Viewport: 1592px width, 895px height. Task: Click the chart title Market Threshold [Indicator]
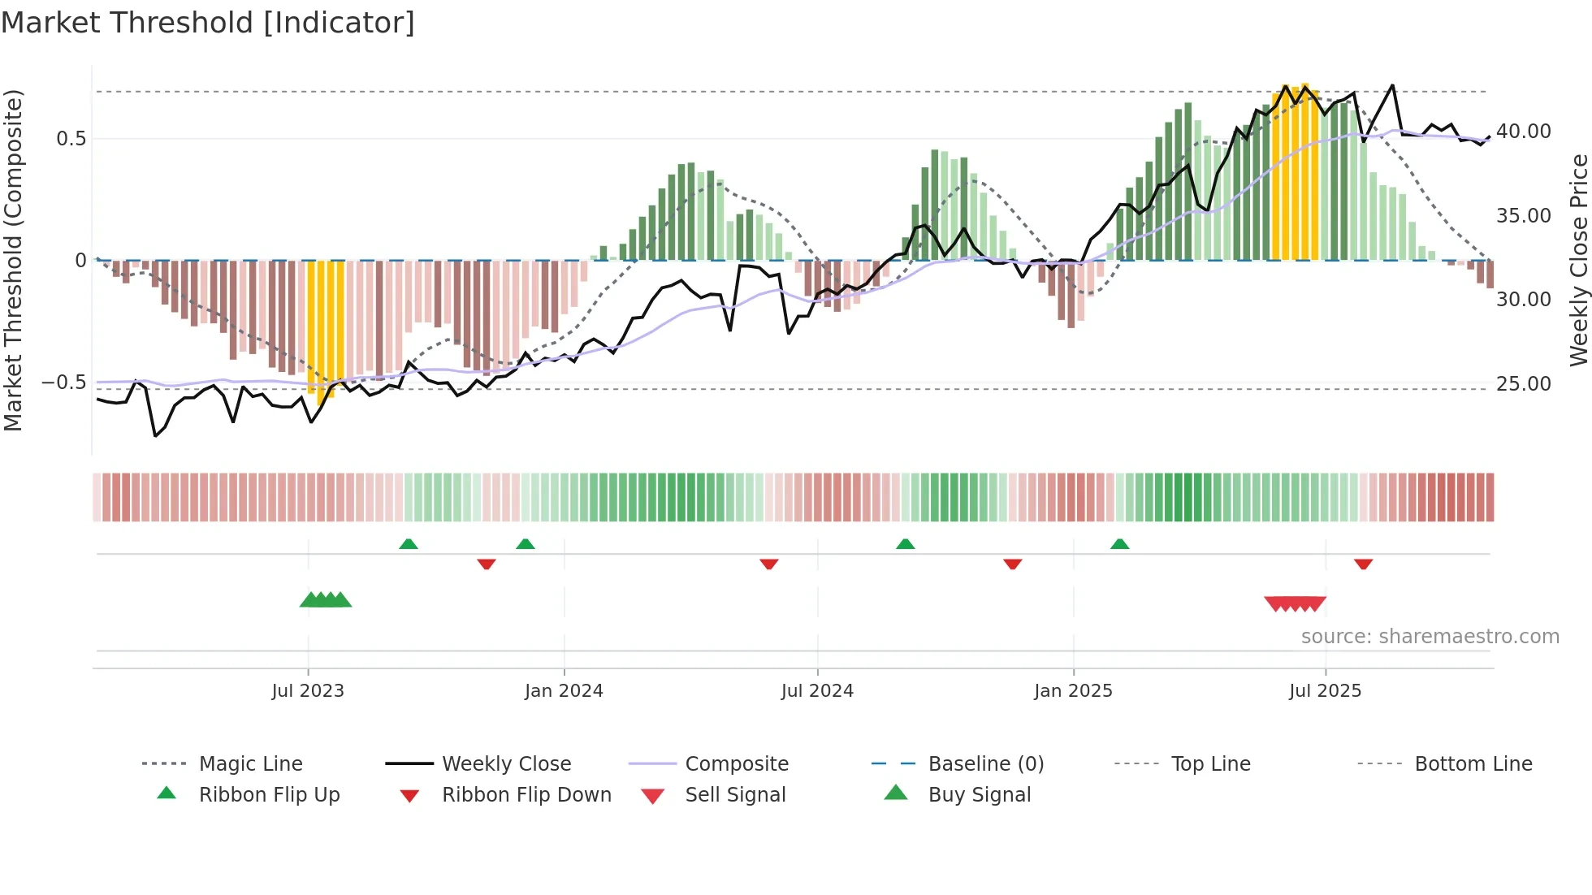point(208,23)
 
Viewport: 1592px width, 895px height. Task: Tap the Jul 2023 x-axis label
point(308,691)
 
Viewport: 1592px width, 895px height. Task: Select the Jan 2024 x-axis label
point(564,691)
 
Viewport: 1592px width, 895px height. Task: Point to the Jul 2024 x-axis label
point(817,691)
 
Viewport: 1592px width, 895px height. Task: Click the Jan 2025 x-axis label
point(1073,691)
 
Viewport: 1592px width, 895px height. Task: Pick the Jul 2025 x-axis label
point(1325,691)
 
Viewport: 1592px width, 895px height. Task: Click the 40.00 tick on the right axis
point(1524,132)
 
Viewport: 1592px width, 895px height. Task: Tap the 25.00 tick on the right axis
point(1524,384)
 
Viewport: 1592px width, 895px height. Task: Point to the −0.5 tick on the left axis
point(64,383)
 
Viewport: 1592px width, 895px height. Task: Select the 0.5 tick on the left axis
point(71,139)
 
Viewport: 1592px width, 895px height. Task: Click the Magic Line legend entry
point(250,764)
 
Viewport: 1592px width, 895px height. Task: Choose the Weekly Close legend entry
point(506,764)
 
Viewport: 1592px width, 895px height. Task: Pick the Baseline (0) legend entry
point(985,764)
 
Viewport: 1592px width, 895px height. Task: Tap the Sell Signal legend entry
point(734,795)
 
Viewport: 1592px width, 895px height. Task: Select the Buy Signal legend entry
point(979,795)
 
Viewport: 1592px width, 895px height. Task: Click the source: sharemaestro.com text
point(1430,637)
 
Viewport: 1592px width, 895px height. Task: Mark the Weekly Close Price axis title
point(1578,260)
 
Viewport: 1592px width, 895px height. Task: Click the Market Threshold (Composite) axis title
point(13,260)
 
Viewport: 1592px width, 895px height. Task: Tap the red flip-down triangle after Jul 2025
point(1363,564)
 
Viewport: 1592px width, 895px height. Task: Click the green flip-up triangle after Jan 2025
point(1119,544)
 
